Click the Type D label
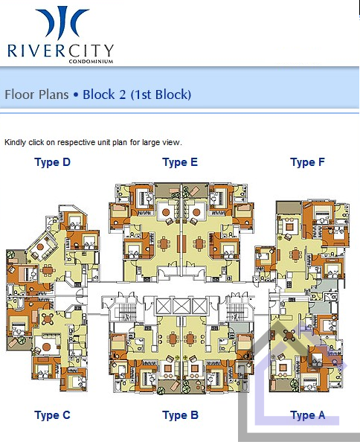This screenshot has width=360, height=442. coord(52,163)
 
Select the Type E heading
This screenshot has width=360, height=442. coord(180,163)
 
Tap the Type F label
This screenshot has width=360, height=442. coord(307,163)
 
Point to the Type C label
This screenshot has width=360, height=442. coord(52,415)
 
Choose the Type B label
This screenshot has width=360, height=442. coord(180,415)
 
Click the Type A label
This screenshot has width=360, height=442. coord(308,415)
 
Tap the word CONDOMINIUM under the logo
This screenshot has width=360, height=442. coord(91,62)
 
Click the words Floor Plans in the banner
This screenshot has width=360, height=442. coord(36,95)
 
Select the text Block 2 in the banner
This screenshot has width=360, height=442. coord(104,95)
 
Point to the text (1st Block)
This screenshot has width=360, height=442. coord(161,95)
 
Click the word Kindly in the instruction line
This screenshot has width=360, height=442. coord(15,143)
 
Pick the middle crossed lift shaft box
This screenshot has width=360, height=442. coord(181,306)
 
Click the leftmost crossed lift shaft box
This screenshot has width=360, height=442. coord(163,306)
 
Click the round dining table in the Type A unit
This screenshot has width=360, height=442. coord(289,336)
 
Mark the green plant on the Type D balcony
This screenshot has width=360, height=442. coord(10,254)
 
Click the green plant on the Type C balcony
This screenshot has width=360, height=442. coord(22,340)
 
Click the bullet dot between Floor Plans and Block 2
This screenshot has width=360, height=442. coord(75,95)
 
